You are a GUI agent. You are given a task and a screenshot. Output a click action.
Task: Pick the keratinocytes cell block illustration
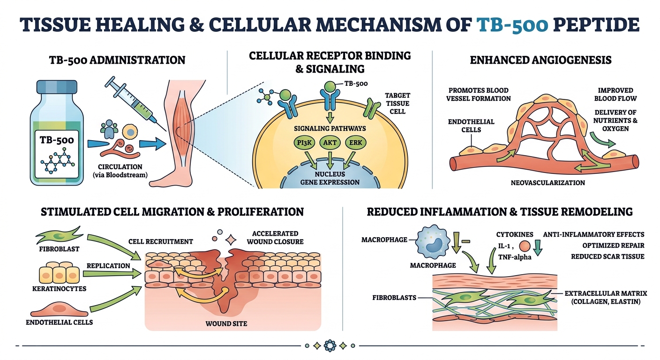(x=58, y=271)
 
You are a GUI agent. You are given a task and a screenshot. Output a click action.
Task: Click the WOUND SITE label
(x=227, y=323)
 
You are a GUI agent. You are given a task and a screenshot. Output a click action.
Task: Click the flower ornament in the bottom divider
(x=330, y=346)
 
